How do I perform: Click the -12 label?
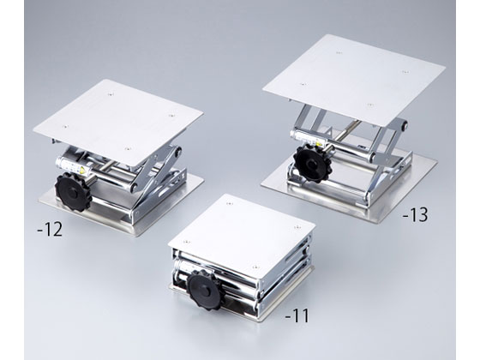coord(50,230)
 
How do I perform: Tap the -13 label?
coord(415,214)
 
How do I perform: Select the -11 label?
coord(297,315)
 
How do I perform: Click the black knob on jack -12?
coord(74,192)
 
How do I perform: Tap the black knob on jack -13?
coord(312,164)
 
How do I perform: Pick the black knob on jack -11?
coord(205,289)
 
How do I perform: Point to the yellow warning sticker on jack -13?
coord(318,143)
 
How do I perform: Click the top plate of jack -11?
coord(242,236)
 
